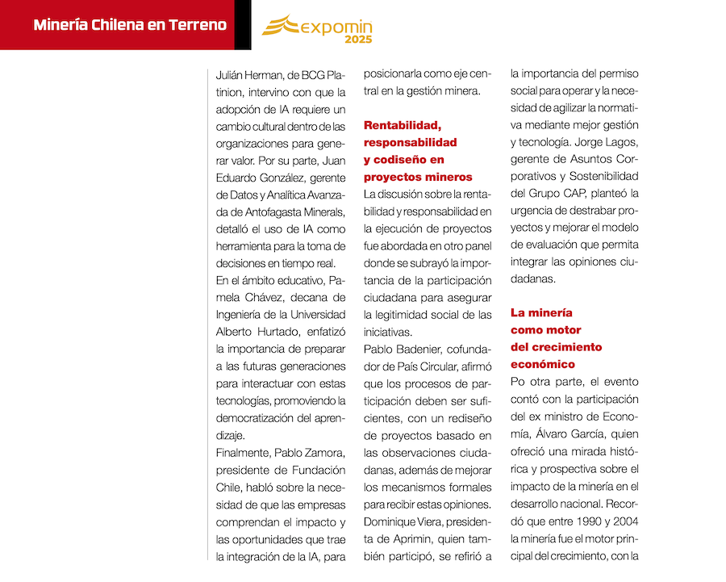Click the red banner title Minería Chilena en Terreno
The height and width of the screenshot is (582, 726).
click(130, 25)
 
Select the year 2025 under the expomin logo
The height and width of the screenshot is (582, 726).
click(358, 40)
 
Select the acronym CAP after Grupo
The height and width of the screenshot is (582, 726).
click(594, 194)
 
